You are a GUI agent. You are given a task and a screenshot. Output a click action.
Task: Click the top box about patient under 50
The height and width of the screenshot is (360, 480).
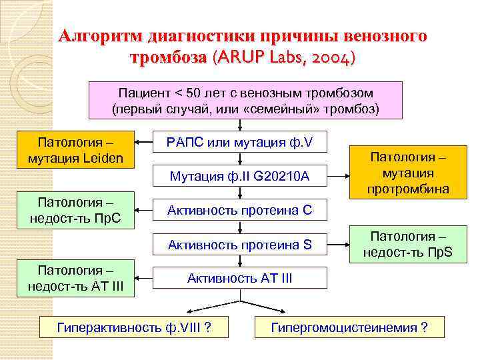[246, 100]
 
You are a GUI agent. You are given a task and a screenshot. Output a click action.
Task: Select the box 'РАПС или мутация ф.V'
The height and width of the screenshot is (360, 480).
[239, 141]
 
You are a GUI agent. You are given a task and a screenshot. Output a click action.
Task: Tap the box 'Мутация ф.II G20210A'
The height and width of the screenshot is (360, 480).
[239, 177]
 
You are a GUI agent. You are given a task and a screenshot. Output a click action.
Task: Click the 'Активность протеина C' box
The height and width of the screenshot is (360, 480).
[239, 211]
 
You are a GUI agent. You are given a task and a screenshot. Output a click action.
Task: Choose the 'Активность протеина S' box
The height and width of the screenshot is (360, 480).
[239, 245]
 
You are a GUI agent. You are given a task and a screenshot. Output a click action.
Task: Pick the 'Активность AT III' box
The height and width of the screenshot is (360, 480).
[239, 278]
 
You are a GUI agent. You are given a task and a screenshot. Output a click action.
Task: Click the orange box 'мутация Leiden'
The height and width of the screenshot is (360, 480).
[75, 150]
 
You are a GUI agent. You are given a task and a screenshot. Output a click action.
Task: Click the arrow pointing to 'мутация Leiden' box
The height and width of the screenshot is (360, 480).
[144, 141]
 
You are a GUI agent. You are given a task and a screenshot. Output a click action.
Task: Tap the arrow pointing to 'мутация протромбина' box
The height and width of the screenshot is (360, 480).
[336, 177]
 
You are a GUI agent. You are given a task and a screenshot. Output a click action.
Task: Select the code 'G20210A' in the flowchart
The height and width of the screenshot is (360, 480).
[281, 177]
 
